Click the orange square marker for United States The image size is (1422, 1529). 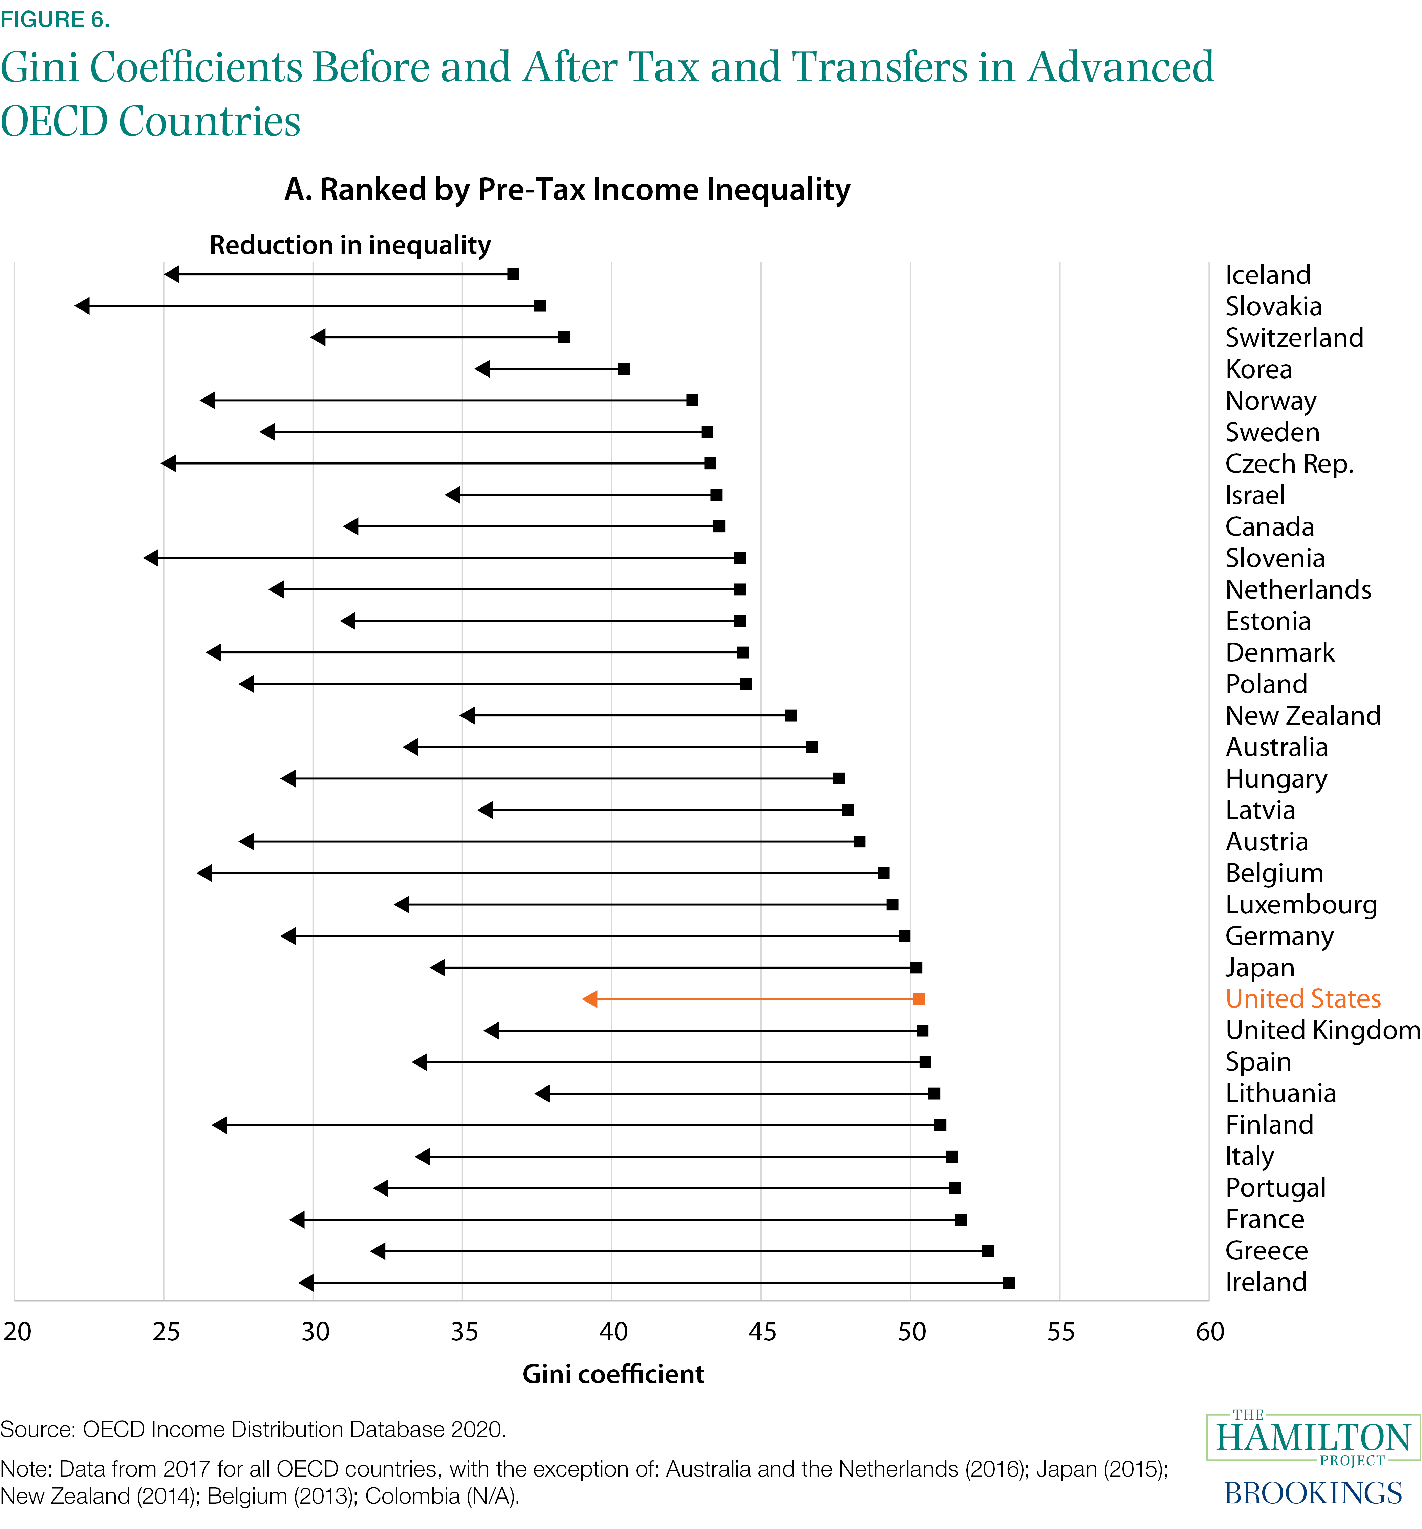click(919, 999)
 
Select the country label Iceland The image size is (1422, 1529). click(1267, 275)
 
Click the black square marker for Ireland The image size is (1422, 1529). click(1009, 1283)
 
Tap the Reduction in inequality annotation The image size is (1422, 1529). click(350, 245)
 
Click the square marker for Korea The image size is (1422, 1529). click(624, 369)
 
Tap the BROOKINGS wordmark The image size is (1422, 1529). click(1313, 1493)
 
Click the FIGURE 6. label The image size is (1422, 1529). click(55, 19)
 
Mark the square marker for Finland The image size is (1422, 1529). click(940, 1125)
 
